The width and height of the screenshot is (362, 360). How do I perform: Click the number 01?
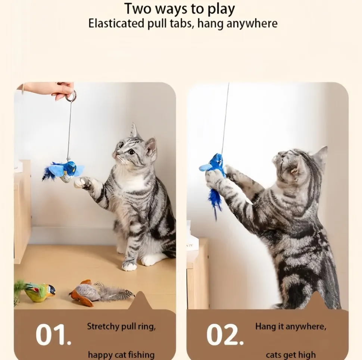(53, 335)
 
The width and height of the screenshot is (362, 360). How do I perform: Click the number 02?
(225, 335)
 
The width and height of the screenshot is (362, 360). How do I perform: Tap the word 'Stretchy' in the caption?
(101, 327)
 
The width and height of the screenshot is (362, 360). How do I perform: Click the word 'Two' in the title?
(137, 9)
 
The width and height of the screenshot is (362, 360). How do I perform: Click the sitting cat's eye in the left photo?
(131, 152)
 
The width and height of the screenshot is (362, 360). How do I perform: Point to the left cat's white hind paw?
(129, 266)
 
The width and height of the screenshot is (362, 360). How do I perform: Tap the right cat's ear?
(321, 154)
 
